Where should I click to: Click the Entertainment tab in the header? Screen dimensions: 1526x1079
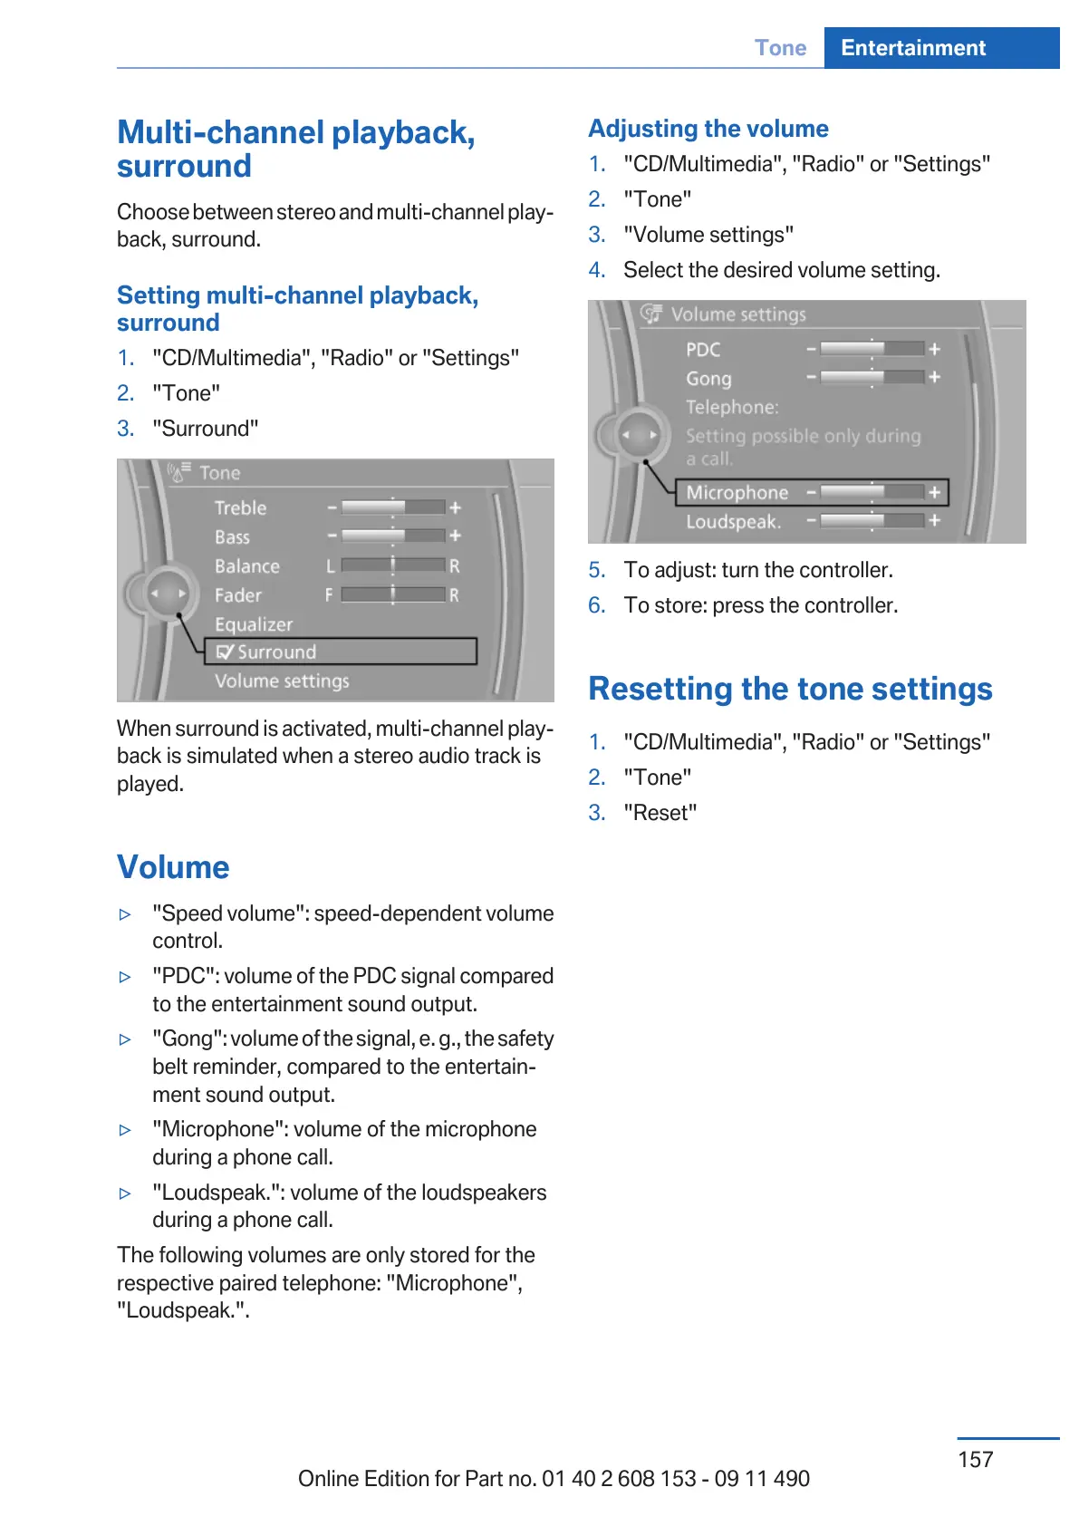click(912, 48)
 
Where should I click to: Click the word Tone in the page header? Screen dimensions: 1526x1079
click(780, 48)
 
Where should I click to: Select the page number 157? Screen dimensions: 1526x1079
click(975, 1459)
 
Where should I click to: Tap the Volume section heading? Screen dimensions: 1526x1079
click(173, 867)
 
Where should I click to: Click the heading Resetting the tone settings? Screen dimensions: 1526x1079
click(790, 689)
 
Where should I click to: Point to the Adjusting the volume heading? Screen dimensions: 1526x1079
click(708, 129)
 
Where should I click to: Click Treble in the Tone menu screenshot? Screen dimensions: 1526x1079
click(241, 507)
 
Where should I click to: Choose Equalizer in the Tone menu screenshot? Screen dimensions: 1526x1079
click(254, 624)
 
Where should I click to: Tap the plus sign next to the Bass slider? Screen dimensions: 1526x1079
click(455, 536)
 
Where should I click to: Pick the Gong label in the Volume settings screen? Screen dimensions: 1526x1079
click(708, 379)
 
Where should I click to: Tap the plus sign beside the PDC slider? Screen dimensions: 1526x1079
click(934, 349)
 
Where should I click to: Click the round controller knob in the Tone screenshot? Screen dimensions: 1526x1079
click(169, 594)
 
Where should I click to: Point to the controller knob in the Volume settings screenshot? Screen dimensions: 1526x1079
click(639, 436)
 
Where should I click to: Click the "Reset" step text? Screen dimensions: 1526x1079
click(660, 813)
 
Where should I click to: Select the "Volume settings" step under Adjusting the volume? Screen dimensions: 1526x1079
click(708, 235)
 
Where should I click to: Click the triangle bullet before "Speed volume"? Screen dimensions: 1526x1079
click(125, 914)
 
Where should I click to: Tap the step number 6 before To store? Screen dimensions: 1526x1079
click(596, 605)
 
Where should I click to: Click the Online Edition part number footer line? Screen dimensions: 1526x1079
click(554, 1479)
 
